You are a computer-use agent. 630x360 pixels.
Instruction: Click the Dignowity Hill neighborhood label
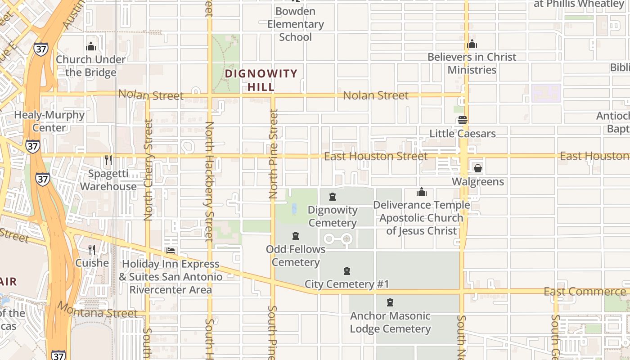pos(261,80)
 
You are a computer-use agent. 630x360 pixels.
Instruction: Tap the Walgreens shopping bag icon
pos(477,168)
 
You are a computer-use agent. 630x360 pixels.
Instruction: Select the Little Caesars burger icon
pos(462,120)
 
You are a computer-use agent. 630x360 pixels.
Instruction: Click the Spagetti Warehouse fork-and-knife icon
pos(108,160)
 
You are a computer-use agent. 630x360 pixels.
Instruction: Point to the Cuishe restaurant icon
pos(92,250)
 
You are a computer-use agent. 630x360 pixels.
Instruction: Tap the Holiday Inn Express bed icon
pos(171,251)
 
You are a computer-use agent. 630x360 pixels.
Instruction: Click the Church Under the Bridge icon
pos(91,46)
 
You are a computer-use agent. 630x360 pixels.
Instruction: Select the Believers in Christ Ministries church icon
pos(472,44)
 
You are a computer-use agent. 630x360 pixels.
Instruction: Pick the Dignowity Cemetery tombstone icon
pos(333,197)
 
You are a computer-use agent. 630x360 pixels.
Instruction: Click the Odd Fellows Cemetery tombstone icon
pos(296,236)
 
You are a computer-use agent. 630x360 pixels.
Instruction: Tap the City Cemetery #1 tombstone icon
pos(347,271)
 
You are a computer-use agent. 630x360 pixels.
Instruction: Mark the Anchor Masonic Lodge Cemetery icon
pos(390,302)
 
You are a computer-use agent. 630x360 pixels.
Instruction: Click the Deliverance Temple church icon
pos(422,192)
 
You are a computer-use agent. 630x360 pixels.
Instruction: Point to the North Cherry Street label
pos(148,169)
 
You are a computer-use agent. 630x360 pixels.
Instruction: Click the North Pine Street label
pos(273,154)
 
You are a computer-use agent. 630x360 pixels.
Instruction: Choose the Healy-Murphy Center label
pos(49,121)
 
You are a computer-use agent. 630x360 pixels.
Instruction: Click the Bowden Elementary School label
pos(295,24)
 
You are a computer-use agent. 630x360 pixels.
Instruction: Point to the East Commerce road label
pos(585,292)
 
